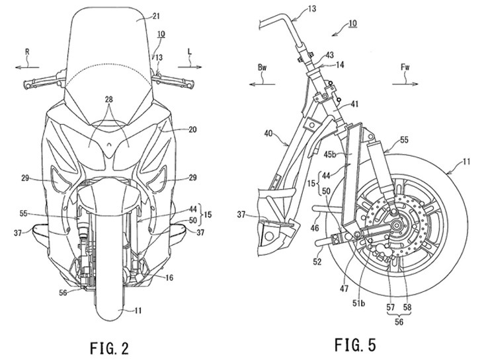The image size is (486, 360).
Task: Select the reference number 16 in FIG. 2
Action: (169, 279)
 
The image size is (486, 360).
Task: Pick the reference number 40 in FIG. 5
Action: (269, 133)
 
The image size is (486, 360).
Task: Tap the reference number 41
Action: (355, 104)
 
